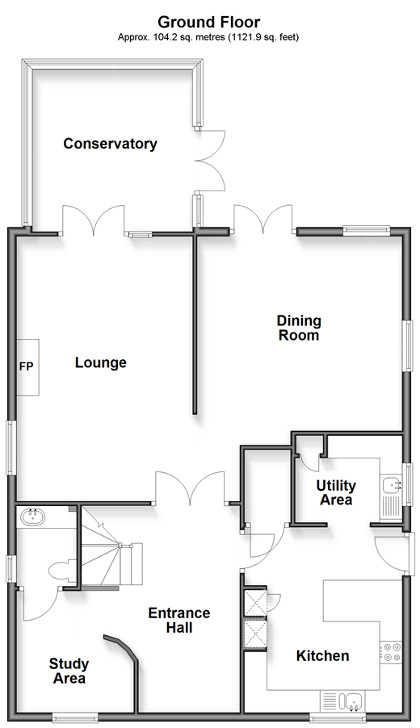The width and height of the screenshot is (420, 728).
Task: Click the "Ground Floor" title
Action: (209, 22)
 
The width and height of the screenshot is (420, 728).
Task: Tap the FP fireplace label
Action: (27, 366)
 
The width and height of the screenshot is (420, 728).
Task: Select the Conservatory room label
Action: (110, 144)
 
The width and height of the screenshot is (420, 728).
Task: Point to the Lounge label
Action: (101, 362)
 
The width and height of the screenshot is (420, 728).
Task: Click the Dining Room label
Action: (299, 328)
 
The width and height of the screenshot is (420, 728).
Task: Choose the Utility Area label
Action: (336, 492)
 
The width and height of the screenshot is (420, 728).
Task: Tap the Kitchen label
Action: (322, 656)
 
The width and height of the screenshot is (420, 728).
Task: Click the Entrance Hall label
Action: (179, 621)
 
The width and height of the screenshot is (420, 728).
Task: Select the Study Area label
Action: (69, 672)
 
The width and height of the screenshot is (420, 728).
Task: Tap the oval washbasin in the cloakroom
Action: (32, 517)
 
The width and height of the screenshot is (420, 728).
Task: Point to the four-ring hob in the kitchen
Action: (391, 651)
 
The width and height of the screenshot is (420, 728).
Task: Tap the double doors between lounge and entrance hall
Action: (190, 488)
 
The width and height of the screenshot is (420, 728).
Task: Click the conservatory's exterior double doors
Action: (211, 160)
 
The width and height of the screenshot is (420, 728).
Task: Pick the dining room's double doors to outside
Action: (263, 219)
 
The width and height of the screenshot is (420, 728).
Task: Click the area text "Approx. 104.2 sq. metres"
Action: (171, 37)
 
